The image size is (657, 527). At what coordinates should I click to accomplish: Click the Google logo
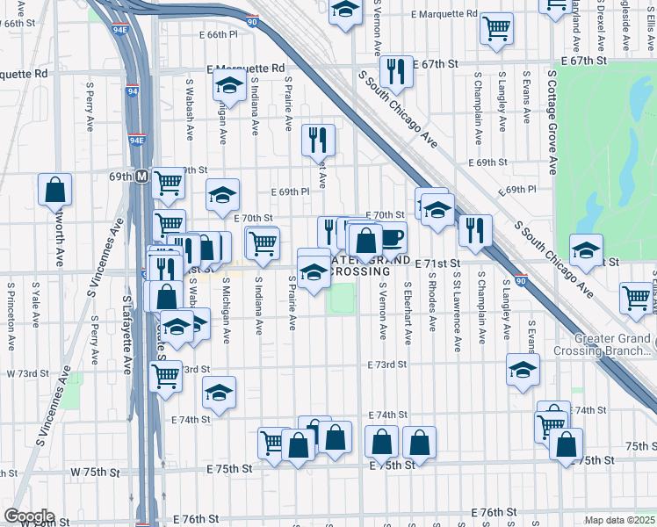point(28,516)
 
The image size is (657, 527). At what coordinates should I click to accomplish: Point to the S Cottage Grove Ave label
point(552,123)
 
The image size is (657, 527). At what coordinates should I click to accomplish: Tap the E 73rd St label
point(387,364)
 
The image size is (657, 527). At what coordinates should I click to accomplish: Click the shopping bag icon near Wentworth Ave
point(55,188)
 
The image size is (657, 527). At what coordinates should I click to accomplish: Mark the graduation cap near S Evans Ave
point(523,369)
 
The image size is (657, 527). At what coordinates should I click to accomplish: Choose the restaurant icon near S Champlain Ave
point(475,230)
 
